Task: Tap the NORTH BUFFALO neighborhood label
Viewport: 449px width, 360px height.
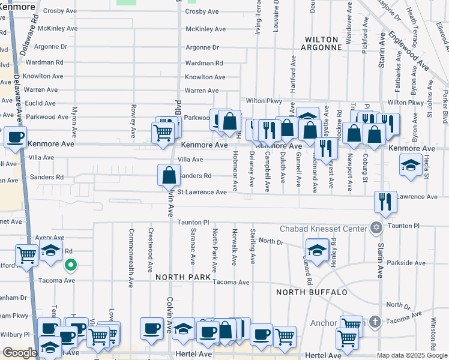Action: point(312,292)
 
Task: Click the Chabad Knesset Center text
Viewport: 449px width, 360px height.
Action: point(323,229)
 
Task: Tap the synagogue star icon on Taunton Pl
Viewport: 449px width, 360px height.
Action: point(376,227)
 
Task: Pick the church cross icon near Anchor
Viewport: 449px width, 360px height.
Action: point(375,321)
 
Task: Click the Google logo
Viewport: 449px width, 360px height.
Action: point(19,353)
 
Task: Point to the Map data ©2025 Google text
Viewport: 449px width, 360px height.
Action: point(412,355)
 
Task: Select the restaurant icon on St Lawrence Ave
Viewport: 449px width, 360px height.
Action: point(385,202)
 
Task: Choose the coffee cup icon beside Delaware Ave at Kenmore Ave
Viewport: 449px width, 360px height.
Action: point(15,136)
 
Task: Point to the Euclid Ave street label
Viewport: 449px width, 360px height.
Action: point(40,103)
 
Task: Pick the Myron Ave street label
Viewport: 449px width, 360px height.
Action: point(74,119)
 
